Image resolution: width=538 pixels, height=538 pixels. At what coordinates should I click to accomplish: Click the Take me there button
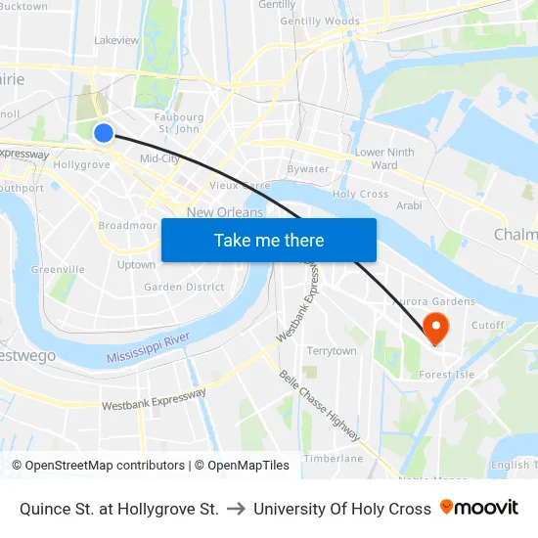click(x=269, y=240)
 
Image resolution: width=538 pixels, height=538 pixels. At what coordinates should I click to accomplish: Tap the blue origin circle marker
click(x=104, y=133)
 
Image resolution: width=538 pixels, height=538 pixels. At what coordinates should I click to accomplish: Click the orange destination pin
click(x=432, y=326)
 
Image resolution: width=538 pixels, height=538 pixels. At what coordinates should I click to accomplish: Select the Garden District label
click(x=184, y=288)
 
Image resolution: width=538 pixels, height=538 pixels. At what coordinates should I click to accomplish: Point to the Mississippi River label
click(x=148, y=346)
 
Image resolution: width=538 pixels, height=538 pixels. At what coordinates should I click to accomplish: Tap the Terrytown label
click(x=332, y=351)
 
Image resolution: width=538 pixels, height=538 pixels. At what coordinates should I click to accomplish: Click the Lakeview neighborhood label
click(x=116, y=41)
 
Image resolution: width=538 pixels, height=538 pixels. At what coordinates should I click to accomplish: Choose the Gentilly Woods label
click(x=320, y=22)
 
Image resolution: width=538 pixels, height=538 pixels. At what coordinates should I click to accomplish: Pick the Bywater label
click(x=308, y=169)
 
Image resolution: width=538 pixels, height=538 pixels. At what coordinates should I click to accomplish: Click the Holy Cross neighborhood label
click(x=361, y=195)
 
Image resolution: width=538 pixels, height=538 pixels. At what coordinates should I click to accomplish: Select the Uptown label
click(x=136, y=265)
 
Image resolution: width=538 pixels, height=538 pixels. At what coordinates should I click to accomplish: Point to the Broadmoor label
click(x=127, y=226)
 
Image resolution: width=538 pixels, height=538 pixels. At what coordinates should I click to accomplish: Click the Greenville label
click(x=58, y=270)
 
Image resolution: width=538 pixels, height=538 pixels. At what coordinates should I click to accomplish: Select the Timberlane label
click(x=333, y=458)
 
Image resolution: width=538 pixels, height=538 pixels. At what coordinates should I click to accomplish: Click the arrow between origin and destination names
click(x=236, y=509)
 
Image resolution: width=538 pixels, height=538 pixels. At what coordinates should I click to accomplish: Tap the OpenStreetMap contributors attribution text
click(x=105, y=466)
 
